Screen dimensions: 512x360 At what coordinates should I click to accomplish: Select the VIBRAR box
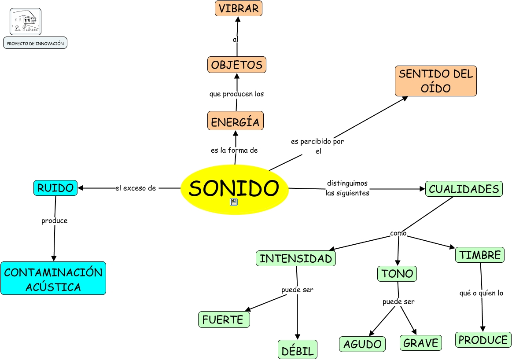pos(239,8)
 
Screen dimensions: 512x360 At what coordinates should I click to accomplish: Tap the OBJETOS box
pos(236,65)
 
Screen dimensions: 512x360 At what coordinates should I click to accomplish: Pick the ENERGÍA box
pos(235,121)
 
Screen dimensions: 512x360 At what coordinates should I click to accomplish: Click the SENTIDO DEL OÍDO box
pos(435,81)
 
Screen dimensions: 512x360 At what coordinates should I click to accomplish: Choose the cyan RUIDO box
pos(55,188)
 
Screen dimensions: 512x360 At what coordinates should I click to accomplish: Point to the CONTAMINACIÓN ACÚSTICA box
pos(53,278)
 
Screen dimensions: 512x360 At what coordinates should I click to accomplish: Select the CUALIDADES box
pos(464,189)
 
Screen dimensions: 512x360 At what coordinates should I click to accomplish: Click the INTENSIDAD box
pos(295,258)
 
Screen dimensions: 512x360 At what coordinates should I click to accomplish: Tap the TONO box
pos(397,274)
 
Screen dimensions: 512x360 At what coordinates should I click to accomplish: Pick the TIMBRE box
pos(479,255)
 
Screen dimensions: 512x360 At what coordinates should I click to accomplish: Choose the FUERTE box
pos(224,320)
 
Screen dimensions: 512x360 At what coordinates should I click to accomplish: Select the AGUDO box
pos(362,344)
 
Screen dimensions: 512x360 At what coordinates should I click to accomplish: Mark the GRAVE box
pos(420,343)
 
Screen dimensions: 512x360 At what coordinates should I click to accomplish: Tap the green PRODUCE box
pos(483,340)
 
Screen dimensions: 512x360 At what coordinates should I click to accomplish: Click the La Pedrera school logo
pos(26,22)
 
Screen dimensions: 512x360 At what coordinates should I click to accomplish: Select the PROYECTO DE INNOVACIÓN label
pos(35,43)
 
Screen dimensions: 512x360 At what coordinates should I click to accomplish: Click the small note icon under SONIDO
pos(234,202)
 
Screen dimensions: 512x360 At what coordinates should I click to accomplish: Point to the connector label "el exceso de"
pos(136,188)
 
